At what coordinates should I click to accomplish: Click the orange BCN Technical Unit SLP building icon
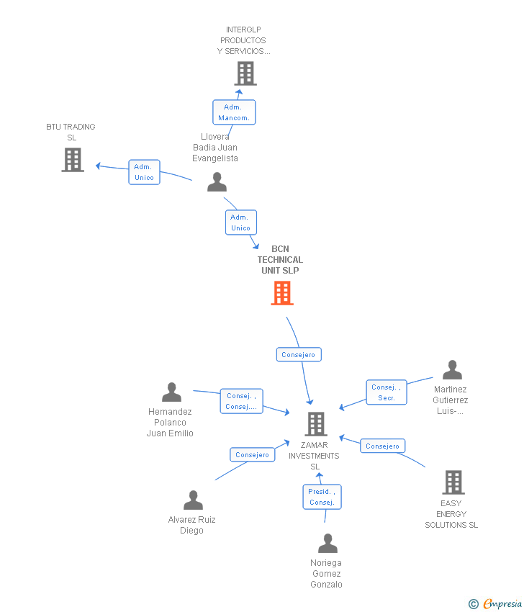(282, 293)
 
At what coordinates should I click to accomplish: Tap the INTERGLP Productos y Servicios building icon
(245, 73)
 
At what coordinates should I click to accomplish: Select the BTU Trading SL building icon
(73, 160)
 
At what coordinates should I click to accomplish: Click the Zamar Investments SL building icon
(315, 424)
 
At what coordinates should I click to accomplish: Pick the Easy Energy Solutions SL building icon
(453, 482)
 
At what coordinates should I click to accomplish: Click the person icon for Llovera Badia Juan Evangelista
(217, 182)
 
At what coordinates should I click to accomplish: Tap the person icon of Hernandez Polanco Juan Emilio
(171, 392)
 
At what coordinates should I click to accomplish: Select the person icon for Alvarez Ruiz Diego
(193, 500)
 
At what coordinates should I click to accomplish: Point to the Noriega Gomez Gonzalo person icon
(327, 544)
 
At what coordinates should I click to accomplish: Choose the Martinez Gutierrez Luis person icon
(452, 370)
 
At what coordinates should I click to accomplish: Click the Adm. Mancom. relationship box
(234, 112)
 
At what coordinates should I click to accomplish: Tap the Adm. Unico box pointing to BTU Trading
(144, 172)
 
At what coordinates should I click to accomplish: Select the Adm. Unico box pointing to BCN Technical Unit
(240, 222)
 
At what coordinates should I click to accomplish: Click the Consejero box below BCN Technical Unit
(299, 354)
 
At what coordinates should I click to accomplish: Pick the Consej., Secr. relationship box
(387, 392)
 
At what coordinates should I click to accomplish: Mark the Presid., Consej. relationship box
(322, 497)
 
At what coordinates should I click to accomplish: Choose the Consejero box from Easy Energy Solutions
(382, 446)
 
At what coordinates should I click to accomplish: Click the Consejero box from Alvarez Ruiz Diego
(252, 454)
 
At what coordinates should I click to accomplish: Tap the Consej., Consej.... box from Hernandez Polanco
(241, 401)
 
